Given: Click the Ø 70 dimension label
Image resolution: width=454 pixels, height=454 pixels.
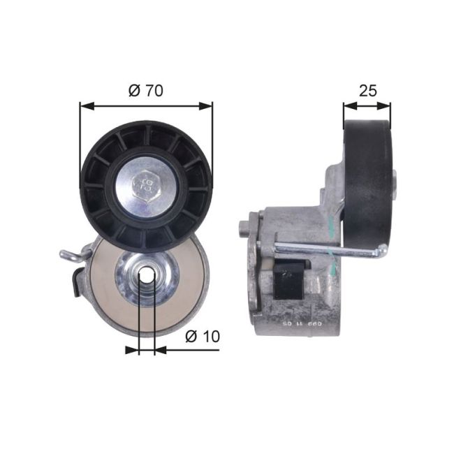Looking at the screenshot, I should pyautogui.click(x=147, y=91).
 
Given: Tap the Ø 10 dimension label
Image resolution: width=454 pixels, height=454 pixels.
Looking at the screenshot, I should pyautogui.click(x=203, y=336).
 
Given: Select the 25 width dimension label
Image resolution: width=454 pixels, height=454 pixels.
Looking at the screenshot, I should pyautogui.click(x=367, y=90).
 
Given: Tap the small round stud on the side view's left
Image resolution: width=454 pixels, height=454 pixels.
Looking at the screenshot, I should pyautogui.click(x=243, y=228).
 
